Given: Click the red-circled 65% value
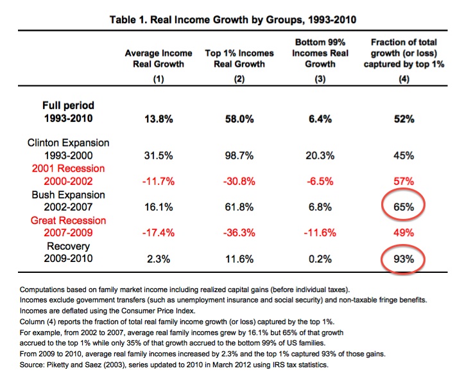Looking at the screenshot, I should [x=402, y=209].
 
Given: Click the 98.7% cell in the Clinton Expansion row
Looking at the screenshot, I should [x=240, y=156].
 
